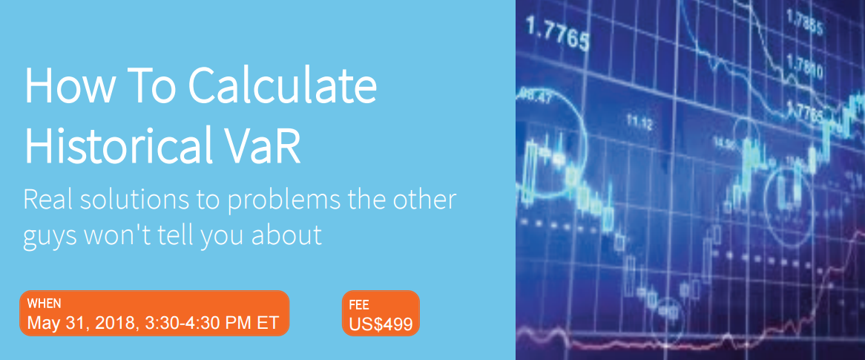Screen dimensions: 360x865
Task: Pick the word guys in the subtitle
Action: point(50,234)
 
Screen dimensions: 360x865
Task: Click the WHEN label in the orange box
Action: point(44,303)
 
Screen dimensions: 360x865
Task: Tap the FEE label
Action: point(360,304)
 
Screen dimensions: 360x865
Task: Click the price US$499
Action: point(381,324)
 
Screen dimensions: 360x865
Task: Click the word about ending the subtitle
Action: point(287,234)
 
